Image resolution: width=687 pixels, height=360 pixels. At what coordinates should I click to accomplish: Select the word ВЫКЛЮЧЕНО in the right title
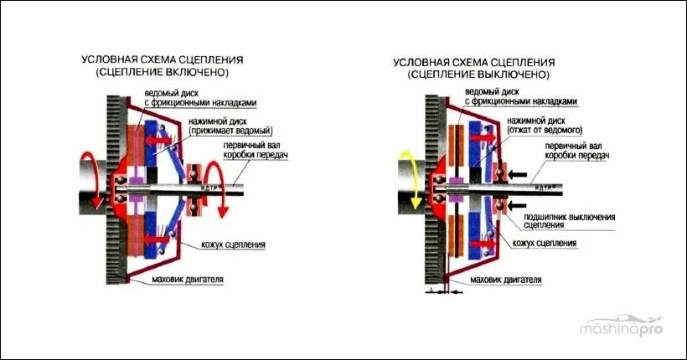(509, 75)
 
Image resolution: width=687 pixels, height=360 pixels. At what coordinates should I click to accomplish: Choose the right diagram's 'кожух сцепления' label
(545, 243)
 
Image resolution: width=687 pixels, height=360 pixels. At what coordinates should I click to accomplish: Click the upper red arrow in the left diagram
(162, 141)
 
